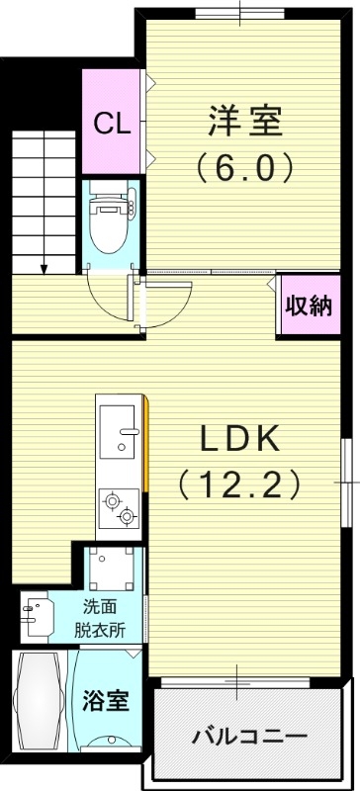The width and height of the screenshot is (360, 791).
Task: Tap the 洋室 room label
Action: point(245,122)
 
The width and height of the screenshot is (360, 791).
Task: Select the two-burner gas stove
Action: point(120,507)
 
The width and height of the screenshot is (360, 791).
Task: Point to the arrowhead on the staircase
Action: point(44,267)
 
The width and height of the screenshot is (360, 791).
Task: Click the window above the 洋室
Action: point(243,12)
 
